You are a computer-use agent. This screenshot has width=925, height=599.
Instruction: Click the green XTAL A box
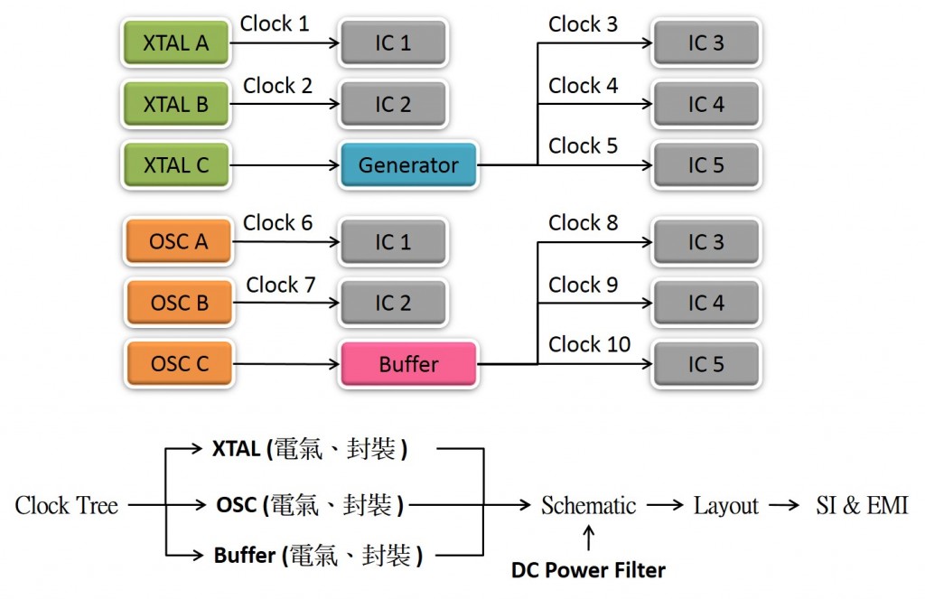tap(175, 42)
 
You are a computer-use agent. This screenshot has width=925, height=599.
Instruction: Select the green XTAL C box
tap(175, 165)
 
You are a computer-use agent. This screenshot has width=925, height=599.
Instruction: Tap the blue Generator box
tap(408, 165)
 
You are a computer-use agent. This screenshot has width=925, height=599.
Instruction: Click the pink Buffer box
tap(408, 364)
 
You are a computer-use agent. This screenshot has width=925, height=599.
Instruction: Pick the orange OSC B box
tap(180, 303)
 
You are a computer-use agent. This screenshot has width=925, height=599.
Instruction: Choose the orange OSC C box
tap(180, 364)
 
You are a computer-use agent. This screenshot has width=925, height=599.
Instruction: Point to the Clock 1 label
tap(275, 23)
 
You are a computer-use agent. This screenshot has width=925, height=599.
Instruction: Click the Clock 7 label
tap(281, 285)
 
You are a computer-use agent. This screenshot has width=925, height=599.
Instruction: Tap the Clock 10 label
tap(589, 344)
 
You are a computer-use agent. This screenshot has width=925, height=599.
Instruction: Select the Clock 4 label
tap(583, 86)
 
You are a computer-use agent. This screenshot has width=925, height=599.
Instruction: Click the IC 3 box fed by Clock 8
tap(706, 242)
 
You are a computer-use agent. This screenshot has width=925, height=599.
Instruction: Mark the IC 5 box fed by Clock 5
tap(706, 165)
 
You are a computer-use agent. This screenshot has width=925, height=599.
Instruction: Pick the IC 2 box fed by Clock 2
tap(393, 104)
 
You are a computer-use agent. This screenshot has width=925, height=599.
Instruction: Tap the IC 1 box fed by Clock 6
tap(393, 242)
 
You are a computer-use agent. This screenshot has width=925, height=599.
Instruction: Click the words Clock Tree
tap(66, 505)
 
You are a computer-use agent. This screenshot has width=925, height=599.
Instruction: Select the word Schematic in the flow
tap(588, 506)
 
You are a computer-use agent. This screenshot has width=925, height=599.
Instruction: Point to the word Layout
tap(726, 506)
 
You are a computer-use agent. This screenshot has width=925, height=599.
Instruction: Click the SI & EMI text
tap(861, 506)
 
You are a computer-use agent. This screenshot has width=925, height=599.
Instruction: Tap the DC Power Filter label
tap(588, 570)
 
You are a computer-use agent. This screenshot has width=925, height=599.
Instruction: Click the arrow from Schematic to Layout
tap(665, 506)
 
